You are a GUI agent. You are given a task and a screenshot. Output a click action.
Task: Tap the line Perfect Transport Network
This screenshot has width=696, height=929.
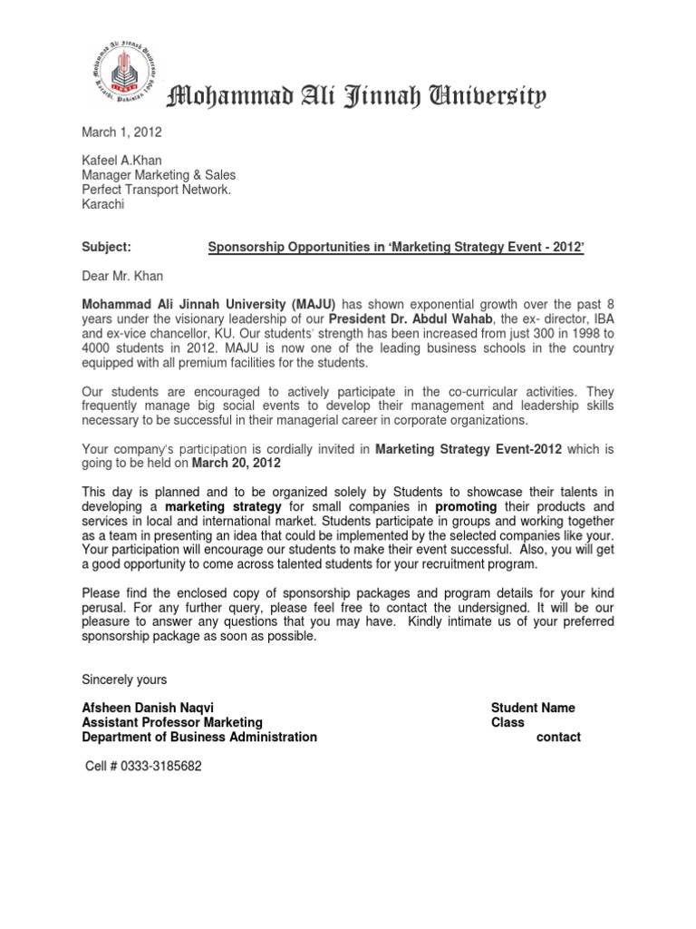pos(157,191)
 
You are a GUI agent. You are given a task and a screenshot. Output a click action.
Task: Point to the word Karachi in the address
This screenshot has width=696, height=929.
pos(104,205)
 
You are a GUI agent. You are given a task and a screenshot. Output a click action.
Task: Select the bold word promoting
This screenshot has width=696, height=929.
pos(471,505)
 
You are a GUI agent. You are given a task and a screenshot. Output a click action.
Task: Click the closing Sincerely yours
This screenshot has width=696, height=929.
pos(124,679)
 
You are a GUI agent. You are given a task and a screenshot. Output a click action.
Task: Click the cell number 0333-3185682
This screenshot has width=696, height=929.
pos(142,766)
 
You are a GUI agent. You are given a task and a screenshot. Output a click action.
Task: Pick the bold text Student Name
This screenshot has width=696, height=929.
pos(533,708)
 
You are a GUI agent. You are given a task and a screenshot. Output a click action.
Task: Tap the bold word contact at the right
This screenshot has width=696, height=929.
pos(559,737)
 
